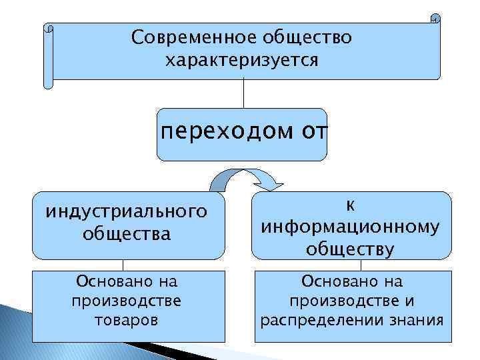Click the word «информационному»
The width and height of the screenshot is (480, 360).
click(351, 227)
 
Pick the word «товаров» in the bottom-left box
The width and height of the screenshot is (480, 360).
click(126, 319)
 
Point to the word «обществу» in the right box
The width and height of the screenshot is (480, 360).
click(351, 249)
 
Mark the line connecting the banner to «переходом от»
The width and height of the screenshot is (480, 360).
click(244, 93)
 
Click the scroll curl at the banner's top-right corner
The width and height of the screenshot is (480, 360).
click(435, 18)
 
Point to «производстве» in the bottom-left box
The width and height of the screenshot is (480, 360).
click(126, 301)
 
